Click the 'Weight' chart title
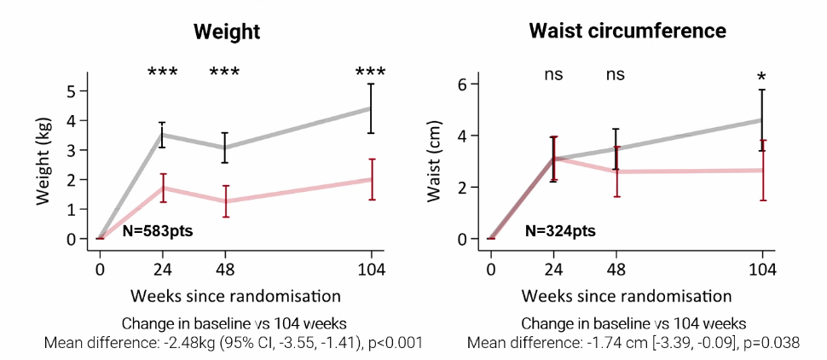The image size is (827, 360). pos(227,32)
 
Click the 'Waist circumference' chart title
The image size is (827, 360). pos(627,32)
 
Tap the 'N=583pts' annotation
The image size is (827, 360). pos(159,230)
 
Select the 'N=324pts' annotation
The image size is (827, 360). pos(559,230)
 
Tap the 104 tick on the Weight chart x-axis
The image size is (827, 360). pos(372,271)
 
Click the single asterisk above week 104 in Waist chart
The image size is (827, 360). pos(761,78)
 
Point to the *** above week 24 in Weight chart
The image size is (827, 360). pos(162,73)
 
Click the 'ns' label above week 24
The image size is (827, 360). pos(553,74)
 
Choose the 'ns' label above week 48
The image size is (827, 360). pos(616,74)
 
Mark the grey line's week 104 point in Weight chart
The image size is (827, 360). pos(371,107)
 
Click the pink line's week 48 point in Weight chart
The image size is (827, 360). pos(225,200)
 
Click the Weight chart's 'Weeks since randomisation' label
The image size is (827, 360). pos(236,296)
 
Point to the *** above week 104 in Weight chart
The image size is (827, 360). pos(371,73)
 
